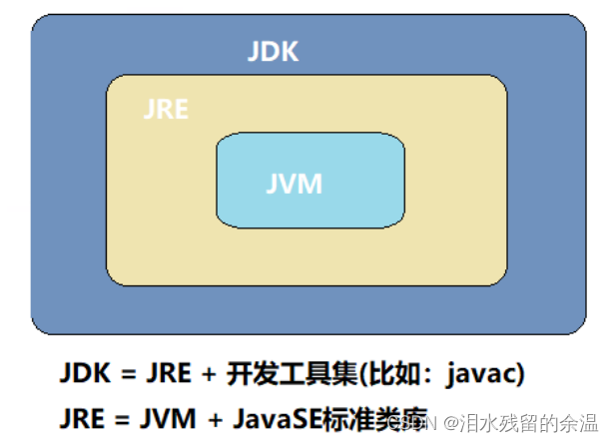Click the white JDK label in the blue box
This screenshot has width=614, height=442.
pos(273,51)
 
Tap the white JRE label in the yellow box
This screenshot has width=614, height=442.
pos(166,109)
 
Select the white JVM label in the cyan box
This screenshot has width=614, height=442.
pos(295,185)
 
